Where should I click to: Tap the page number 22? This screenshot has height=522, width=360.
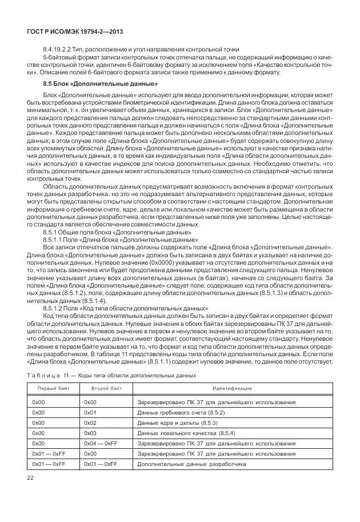click(30, 478)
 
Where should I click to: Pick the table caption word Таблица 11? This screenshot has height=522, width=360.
click(45, 376)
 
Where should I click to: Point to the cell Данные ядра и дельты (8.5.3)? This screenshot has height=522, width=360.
click(177, 423)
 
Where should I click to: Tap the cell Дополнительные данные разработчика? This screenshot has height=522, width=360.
click(192, 464)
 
